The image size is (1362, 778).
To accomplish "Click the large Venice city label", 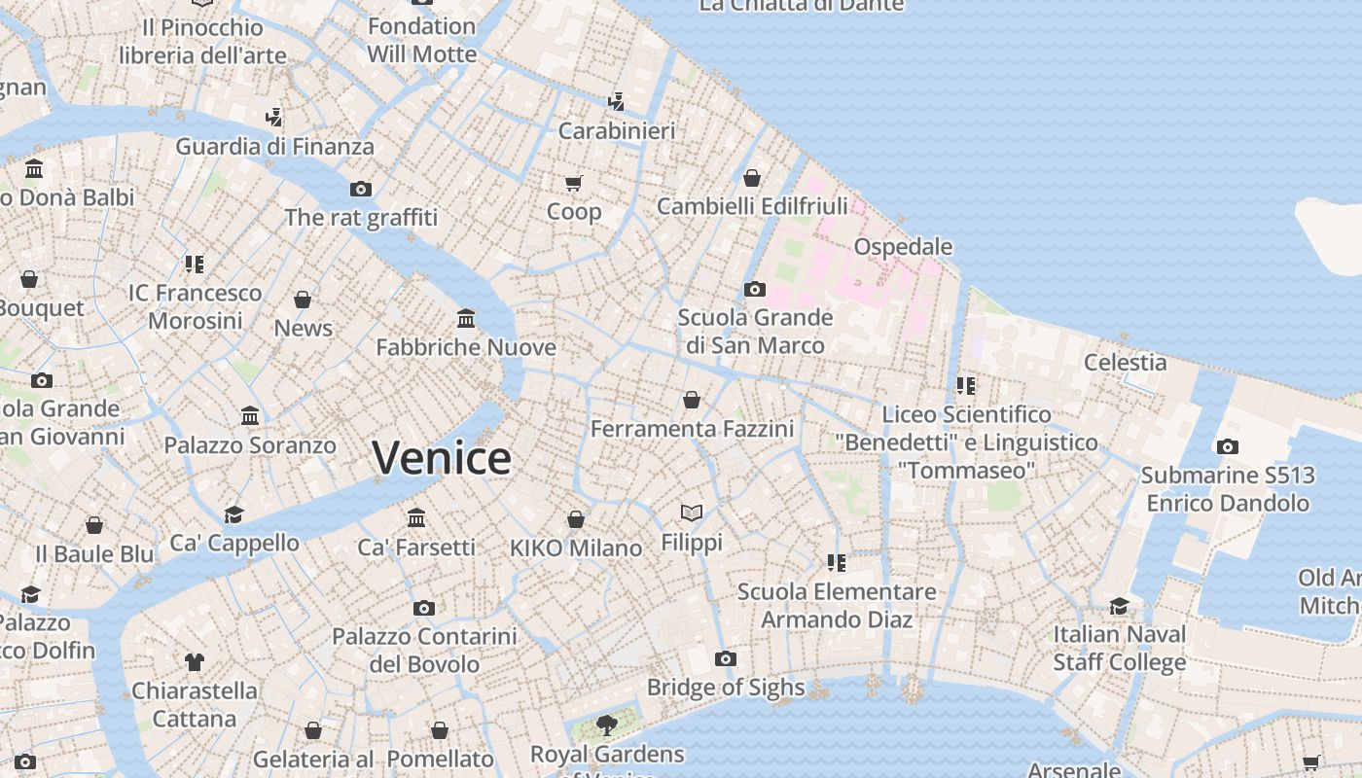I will click(x=442, y=457).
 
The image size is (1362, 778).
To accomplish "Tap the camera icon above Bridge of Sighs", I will click(x=725, y=659).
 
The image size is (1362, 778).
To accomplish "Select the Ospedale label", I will click(x=903, y=247).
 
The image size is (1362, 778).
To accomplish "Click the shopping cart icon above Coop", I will click(x=574, y=183).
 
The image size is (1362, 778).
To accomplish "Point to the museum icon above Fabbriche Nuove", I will click(x=466, y=319).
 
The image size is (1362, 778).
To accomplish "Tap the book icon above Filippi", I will click(x=692, y=513).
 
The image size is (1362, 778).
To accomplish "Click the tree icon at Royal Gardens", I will click(x=607, y=725).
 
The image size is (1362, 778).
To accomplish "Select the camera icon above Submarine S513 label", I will click(x=1228, y=447).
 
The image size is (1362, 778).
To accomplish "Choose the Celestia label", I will click(x=1126, y=363).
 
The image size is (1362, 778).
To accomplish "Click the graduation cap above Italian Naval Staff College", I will click(x=1120, y=607).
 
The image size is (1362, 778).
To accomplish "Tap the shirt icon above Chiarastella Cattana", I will click(x=195, y=662).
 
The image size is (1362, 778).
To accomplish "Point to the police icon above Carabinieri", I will click(x=616, y=101).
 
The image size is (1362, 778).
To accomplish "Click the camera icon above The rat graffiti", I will click(x=361, y=189).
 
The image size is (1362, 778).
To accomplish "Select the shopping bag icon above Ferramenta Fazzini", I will click(x=692, y=400).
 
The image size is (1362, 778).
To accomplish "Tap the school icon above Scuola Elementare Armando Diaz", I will click(x=837, y=563).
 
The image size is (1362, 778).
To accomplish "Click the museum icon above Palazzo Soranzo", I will click(x=250, y=416).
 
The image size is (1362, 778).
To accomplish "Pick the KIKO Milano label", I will click(x=576, y=548).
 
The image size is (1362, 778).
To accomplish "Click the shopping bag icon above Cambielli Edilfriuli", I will click(x=752, y=178).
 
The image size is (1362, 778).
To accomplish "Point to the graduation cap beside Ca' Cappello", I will click(x=233, y=514).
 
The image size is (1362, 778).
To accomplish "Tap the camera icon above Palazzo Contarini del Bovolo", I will click(x=424, y=609).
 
